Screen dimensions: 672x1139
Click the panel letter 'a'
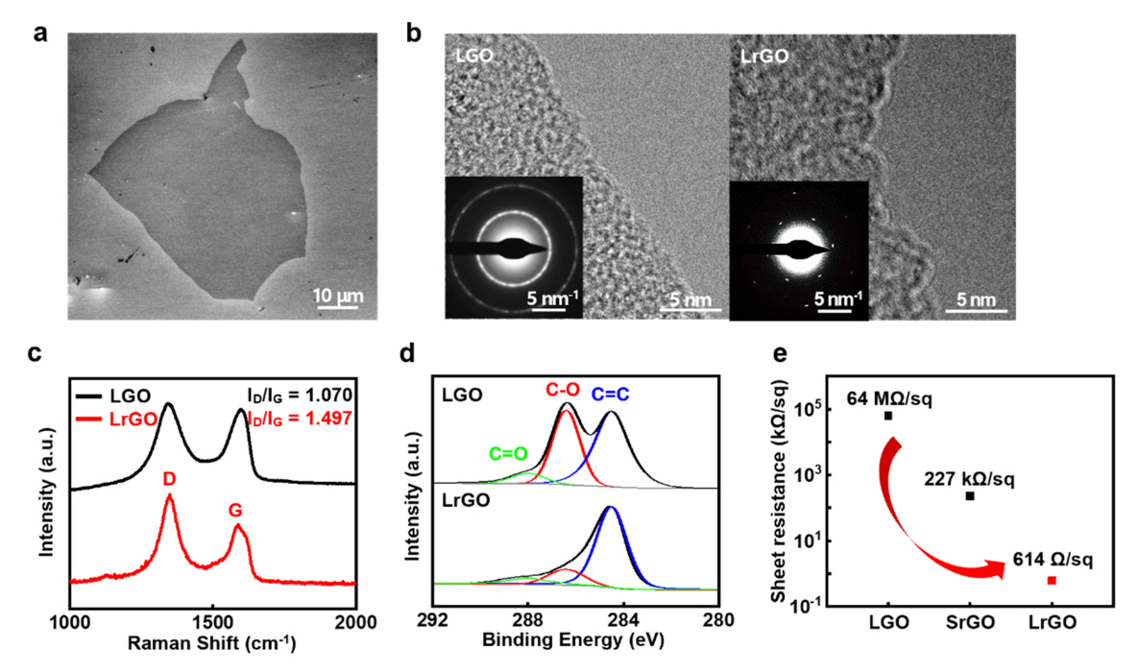[39, 35]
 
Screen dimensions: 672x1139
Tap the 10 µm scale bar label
[329, 292]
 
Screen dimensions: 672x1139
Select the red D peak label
[168, 477]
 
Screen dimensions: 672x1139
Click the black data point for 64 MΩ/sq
[888, 416]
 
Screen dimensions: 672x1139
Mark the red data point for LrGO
[1052, 580]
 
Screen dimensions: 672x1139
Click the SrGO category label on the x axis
[969, 622]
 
